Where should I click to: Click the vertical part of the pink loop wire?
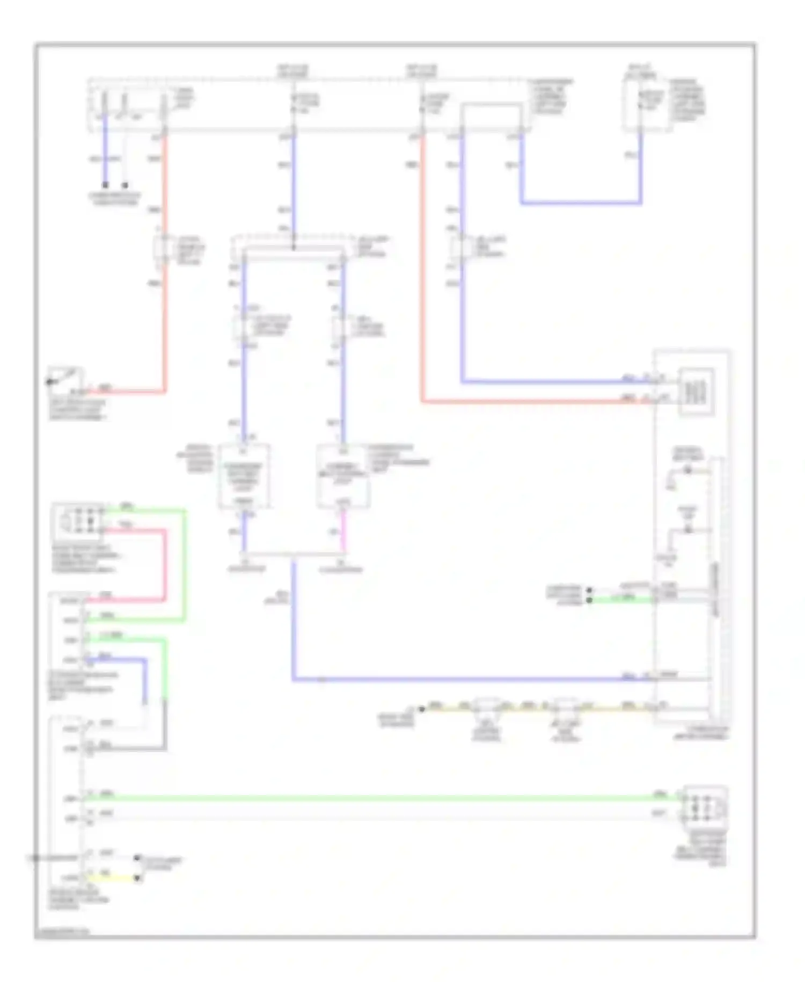(164, 564)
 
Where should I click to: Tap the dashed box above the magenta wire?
(342, 476)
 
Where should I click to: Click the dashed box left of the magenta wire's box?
(244, 476)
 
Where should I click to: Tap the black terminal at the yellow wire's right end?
(137, 878)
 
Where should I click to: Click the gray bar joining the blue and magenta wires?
(294, 554)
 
